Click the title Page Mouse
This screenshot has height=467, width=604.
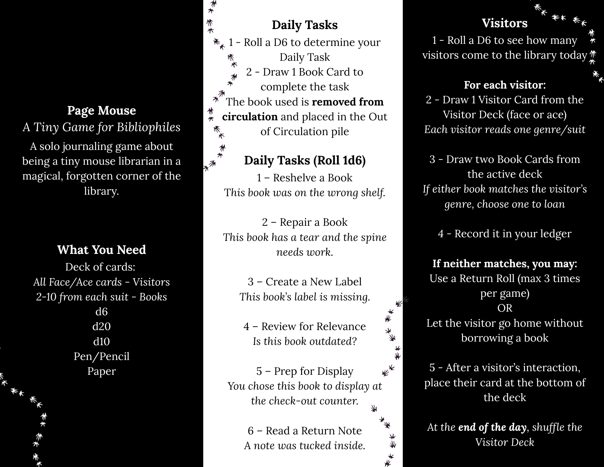[x=101, y=111]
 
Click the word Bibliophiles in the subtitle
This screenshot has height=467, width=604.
[x=149, y=127]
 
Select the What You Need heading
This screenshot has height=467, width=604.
[x=101, y=250]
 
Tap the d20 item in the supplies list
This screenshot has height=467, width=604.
[x=101, y=326]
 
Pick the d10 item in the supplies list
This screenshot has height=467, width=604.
[x=101, y=342]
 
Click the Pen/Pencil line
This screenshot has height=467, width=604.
[x=101, y=356]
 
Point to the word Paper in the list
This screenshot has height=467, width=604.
[x=101, y=371]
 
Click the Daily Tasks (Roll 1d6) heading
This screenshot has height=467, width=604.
[x=305, y=161]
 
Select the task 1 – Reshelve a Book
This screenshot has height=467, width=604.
[x=304, y=178]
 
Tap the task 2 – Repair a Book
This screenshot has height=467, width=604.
[x=305, y=222]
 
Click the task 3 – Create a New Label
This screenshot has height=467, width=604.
[x=304, y=282]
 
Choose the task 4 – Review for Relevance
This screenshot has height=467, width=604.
[x=304, y=326]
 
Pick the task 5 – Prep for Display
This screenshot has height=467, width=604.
[x=305, y=371]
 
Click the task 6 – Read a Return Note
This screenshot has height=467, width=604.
[x=305, y=431]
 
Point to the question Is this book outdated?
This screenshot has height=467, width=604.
[x=305, y=341]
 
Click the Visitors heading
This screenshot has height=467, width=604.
[x=505, y=23]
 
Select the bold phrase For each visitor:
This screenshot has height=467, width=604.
[x=505, y=85]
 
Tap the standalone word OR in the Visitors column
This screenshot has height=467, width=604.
[x=505, y=308]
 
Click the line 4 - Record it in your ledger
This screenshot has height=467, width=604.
[x=505, y=234]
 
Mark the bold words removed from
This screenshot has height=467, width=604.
[x=348, y=102]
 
